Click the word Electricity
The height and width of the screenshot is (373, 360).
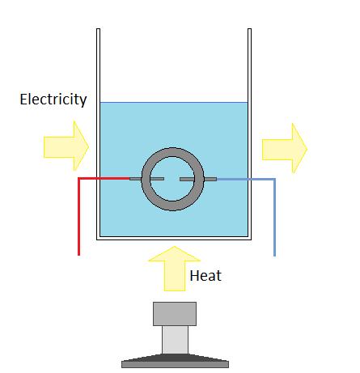pyautogui.click(x=53, y=100)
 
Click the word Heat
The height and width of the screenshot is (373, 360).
pyautogui.click(x=205, y=276)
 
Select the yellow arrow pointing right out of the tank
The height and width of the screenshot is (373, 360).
pyautogui.click(x=284, y=147)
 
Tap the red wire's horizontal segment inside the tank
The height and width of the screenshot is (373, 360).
pyautogui.click(x=113, y=178)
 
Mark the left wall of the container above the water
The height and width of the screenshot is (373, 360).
pyautogui.click(x=97, y=65)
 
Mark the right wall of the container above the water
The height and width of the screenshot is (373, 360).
pyautogui.click(x=247, y=65)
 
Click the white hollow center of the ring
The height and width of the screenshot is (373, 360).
pyautogui.click(x=172, y=167)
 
